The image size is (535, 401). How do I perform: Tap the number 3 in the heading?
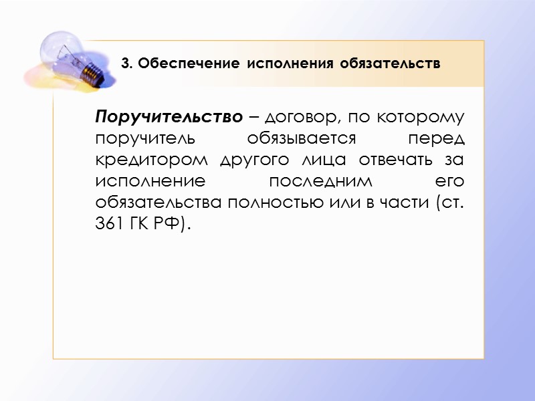[125, 64]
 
